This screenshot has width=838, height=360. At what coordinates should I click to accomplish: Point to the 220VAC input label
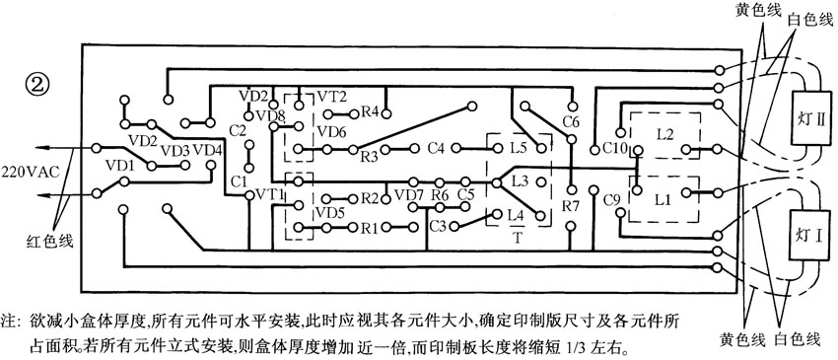point(29,170)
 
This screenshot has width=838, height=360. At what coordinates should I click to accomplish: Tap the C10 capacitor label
point(615,149)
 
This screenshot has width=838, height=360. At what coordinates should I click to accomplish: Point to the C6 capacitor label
point(570,121)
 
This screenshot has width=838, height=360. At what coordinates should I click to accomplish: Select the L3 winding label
point(521,180)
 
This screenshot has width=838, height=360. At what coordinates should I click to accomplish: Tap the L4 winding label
point(515,215)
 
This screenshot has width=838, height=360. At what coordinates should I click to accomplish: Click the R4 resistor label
point(371,110)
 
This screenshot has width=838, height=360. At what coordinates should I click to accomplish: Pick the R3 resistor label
point(370,156)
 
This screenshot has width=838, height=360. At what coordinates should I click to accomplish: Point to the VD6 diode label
point(329,131)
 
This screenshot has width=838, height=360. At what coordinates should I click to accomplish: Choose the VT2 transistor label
point(331,96)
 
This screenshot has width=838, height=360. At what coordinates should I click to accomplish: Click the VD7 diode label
point(407,195)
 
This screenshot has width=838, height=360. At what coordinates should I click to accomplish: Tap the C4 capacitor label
point(437,149)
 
